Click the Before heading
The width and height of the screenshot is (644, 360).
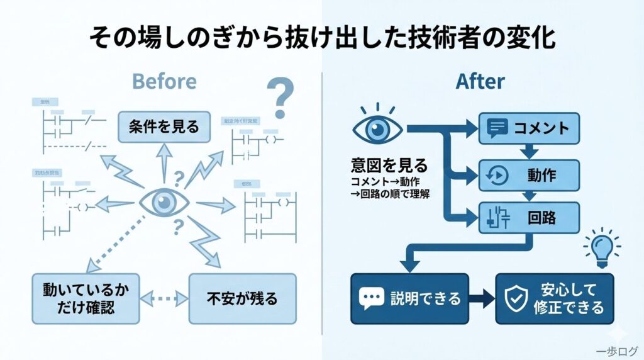(x=164, y=82)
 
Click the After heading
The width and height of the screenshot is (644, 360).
(x=480, y=82)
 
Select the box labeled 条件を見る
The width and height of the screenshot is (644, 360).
(x=163, y=127)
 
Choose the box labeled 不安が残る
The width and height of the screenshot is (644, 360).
(x=242, y=299)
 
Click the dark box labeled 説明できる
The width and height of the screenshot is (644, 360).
(x=409, y=298)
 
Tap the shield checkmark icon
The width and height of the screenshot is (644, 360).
(x=517, y=299)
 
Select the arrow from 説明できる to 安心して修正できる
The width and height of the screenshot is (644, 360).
(x=482, y=298)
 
